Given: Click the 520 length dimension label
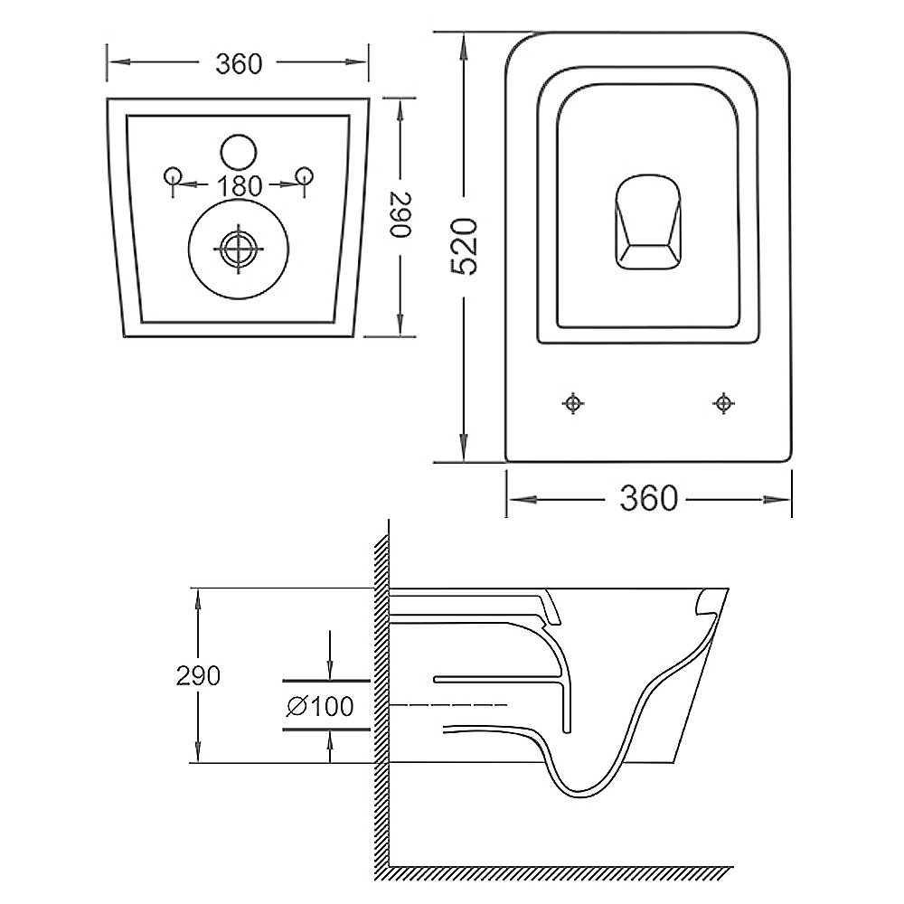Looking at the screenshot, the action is (x=465, y=246).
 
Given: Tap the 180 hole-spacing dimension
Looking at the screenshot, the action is (x=240, y=185).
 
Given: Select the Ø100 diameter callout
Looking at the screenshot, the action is (x=320, y=706).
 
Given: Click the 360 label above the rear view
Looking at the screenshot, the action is (x=239, y=63).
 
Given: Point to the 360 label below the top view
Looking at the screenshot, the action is (x=648, y=498).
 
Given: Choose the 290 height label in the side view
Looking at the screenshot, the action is (x=198, y=675).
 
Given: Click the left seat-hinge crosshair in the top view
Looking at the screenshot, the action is (x=572, y=403).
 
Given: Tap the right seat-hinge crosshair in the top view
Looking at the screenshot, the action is (x=723, y=403).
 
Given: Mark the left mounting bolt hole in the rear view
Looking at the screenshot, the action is (x=173, y=175).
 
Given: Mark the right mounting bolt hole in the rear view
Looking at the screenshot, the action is (x=304, y=175).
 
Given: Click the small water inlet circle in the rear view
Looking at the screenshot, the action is (x=238, y=152).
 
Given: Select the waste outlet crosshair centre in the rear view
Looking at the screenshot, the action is (x=238, y=250).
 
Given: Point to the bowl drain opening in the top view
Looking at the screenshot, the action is (x=648, y=222).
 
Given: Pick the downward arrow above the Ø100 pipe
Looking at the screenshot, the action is (x=329, y=655).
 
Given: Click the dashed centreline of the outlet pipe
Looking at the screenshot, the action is (x=448, y=704).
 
